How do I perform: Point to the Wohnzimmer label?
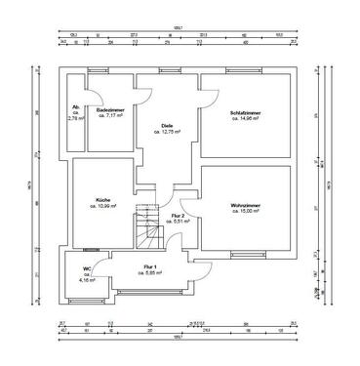click(x=243, y=204)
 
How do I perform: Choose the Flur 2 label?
click(x=178, y=215)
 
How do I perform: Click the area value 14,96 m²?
click(x=243, y=118)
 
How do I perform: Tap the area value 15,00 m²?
click(x=243, y=211)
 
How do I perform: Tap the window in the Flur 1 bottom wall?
click(x=146, y=290)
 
